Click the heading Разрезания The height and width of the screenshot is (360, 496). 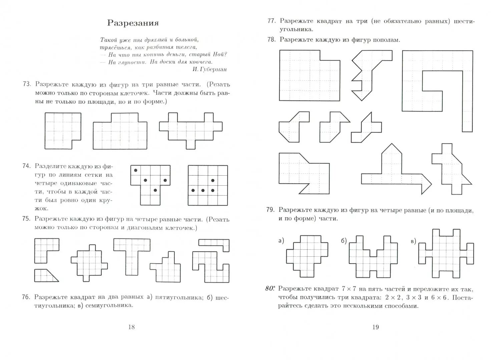click(x=133, y=23)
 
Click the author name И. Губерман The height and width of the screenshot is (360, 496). click(x=209, y=69)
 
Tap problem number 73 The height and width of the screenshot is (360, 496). click(x=27, y=84)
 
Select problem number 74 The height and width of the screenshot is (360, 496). click(x=27, y=166)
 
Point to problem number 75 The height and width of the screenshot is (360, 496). click(x=27, y=219)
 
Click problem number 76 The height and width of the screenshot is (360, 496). click(x=27, y=297)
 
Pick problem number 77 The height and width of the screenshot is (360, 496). click(x=271, y=21)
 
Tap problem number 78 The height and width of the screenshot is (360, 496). click(x=271, y=39)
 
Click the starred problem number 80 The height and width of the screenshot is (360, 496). click(x=270, y=289)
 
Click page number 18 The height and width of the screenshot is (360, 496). click(x=131, y=327)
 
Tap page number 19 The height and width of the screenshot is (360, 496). click(x=375, y=327)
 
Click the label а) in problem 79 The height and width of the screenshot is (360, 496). click(x=281, y=240)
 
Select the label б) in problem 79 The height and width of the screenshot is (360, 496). click(x=344, y=241)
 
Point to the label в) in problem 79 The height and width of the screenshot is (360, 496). click(x=413, y=241)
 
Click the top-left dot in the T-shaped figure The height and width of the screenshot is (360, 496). click(x=136, y=170)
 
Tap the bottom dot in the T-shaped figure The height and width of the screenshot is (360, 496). click(x=155, y=190)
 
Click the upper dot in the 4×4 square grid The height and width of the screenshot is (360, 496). click(x=213, y=180)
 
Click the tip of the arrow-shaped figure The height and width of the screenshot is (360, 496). click(x=431, y=184)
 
